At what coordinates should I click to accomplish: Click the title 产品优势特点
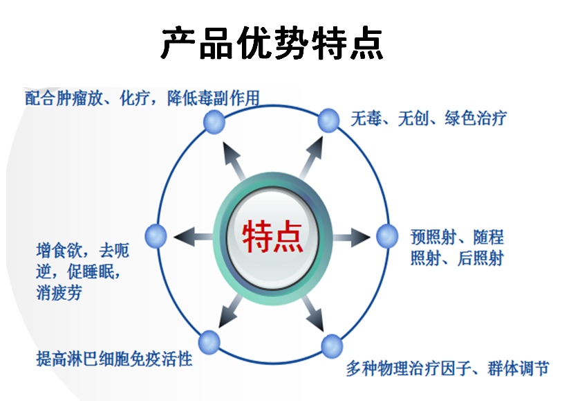tap(272, 43)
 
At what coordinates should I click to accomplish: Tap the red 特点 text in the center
tap(272, 237)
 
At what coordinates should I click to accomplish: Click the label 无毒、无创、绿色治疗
tap(429, 118)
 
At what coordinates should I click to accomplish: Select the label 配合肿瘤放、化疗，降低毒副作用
tap(142, 98)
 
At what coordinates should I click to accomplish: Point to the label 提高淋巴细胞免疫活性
tap(114, 359)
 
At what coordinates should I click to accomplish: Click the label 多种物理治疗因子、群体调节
tap(448, 368)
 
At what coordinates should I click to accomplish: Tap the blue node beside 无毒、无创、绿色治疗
tap(328, 121)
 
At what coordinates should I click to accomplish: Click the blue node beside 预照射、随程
tap(387, 236)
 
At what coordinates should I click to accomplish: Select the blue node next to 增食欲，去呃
tap(156, 236)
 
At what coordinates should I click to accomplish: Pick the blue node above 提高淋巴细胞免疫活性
tap(209, 343)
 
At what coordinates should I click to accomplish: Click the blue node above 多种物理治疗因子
tap(332, 346)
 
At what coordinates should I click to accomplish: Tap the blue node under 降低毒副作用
tap(214, 122)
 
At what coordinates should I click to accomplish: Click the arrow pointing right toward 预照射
tap(352, 238)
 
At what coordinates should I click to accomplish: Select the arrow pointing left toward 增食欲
tap(193, 237)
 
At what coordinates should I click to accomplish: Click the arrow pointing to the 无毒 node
tap(312, 157)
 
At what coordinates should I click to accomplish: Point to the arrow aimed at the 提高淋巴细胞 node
tap(230, 311)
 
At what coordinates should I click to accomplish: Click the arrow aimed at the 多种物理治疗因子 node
tap(313, 313)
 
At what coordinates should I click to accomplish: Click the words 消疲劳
tap(59, 292)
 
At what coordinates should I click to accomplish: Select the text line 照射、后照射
tap(457, 258)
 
